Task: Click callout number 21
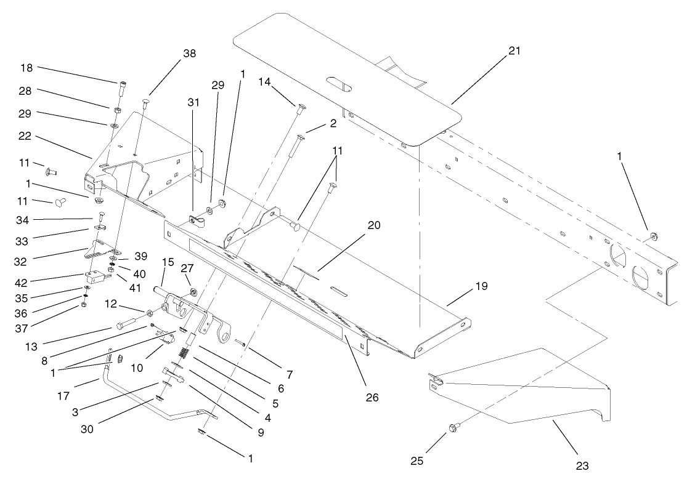[514, 51]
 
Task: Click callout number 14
[264, 81]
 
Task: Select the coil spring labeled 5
[184, 353]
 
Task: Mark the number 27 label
[187, 268]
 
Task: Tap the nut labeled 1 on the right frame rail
[654, 235]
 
